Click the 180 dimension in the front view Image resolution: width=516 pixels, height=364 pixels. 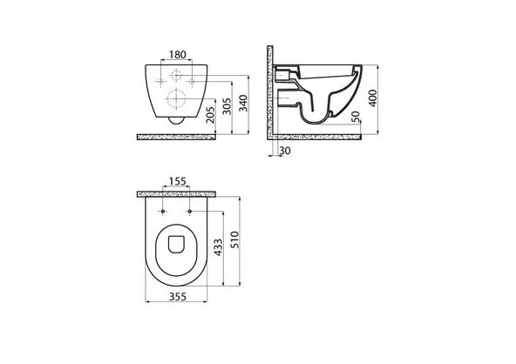177,55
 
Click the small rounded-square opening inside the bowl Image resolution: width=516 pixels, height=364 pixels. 176,245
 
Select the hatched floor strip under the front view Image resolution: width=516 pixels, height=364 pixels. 177,135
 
